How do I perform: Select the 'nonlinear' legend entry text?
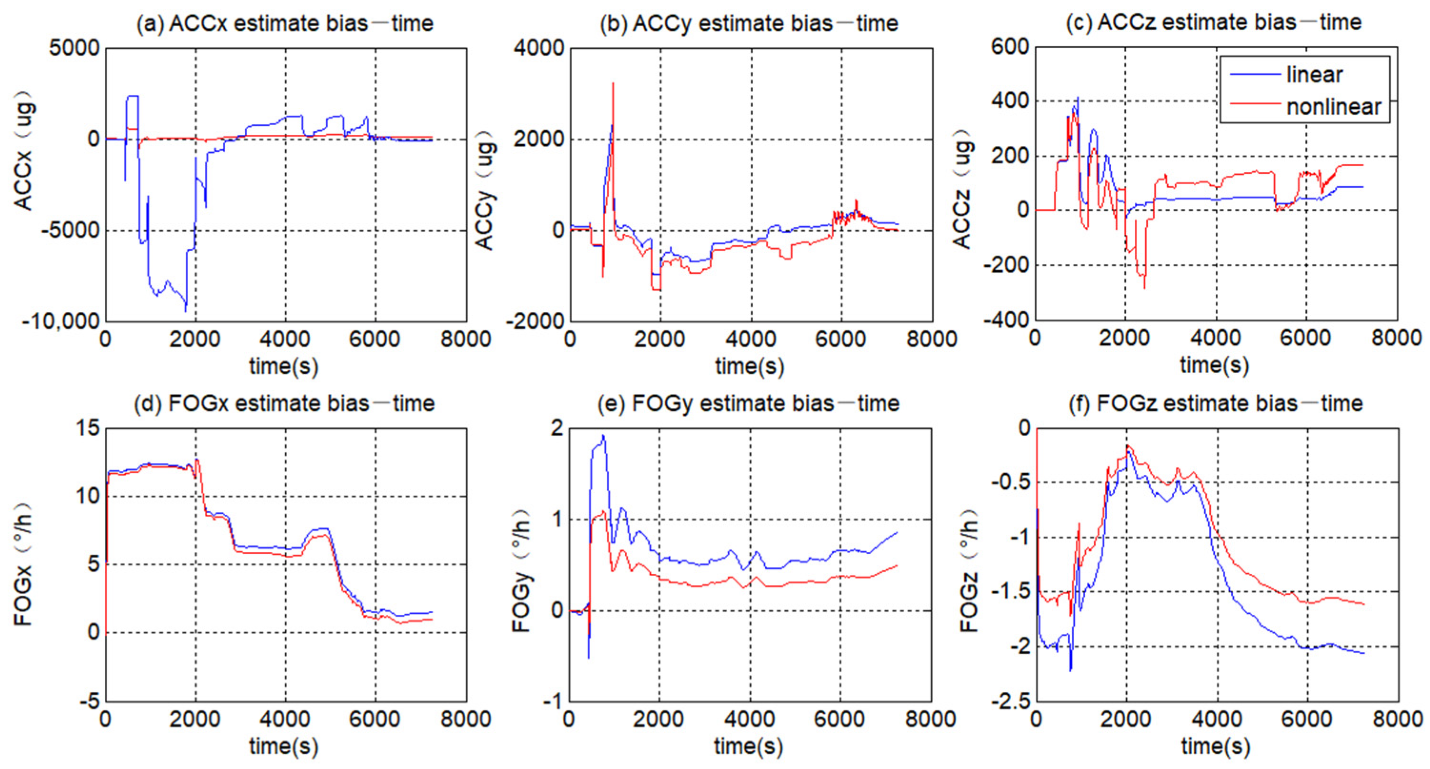(1333, 107)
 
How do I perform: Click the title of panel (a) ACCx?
(285, 23)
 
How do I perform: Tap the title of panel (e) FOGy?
(748, 404)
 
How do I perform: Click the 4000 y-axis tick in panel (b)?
(538, 48)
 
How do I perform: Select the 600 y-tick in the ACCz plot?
(1010, 47)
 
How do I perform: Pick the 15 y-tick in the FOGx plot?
(87, 428)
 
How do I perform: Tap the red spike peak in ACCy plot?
(613, 84)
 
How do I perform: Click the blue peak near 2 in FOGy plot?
(603, 436)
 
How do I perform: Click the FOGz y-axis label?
(969, 569)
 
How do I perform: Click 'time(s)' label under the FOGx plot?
(284, 746)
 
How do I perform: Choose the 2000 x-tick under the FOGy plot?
(659, 719)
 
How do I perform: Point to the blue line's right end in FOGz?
(1364, 653)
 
